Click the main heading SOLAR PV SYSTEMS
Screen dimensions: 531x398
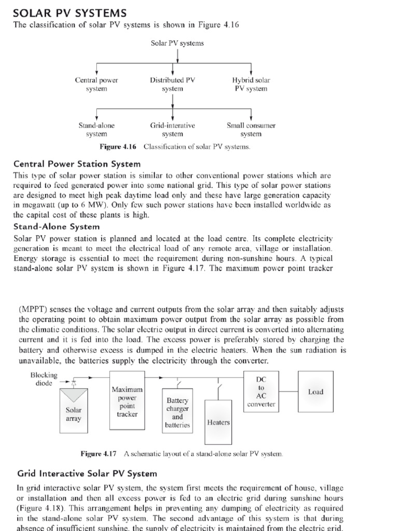(x=69, y=12)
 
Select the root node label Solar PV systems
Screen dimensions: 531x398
(x=177, y=43)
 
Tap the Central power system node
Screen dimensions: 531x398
(x=96, y=85)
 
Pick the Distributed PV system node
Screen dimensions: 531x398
(x=173, y=85)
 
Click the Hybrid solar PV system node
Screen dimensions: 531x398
(x=251, y=85)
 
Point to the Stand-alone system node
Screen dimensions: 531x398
(x=96, y=130)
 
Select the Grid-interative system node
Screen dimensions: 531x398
(x=173, y=130)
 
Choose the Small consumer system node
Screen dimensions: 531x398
(x=251, y=130)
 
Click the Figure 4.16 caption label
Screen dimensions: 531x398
(x=121, y=147)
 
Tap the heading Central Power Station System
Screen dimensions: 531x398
(x=73, y=164)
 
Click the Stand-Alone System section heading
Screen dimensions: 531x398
(x=56, y=227)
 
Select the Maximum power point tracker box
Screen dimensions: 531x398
(x=127, y=401)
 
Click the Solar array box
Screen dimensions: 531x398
(x=74, y=413)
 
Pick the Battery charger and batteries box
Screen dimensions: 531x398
(x=177, y=413)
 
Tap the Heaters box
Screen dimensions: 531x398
(x=218, y=422)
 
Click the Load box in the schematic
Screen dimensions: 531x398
(x=316, y=392)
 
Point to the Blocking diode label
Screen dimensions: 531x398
(x=44, y=379)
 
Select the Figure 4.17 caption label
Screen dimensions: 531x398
(x=98, y=454)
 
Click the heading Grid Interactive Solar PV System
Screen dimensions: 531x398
(x=87, y=473)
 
